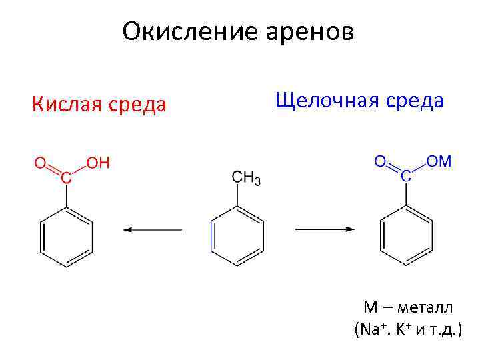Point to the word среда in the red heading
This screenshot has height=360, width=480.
[137, 105]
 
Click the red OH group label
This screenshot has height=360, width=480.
[98, 163]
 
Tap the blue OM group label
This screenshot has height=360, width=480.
[439, 161]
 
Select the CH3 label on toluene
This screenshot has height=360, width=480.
[246, 178]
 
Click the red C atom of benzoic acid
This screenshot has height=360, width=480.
[65, 178]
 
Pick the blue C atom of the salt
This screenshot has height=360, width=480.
[405, 176]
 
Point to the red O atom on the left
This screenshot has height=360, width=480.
[40, 163]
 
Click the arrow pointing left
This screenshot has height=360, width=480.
[152, 230]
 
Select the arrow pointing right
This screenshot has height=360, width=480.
[325, 230]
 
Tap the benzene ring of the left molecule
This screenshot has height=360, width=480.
[66, 234]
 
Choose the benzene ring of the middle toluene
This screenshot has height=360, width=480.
[237, 234]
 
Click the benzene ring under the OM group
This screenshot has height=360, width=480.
[406, 234]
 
